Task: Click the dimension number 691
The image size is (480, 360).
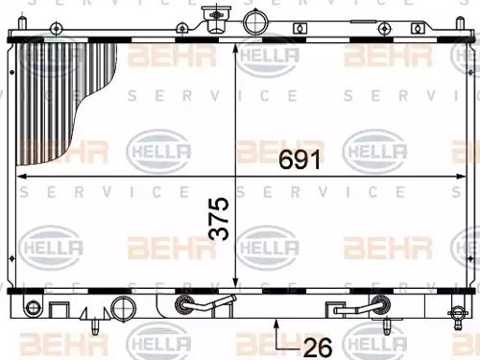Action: click(x=300, y=159)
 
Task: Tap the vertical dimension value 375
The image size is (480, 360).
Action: click(x=219, y=219)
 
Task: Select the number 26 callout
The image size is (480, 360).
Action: click(x=318, y=348)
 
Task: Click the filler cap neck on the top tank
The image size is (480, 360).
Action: click(x=216, y=20)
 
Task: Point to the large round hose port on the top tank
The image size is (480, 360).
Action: click(x=255, y=22)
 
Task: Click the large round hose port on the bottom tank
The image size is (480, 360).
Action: click(x=123, y=307)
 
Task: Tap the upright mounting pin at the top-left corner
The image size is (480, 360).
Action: click(x=22, y=23)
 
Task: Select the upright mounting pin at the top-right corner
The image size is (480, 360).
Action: click(x=460, y=23)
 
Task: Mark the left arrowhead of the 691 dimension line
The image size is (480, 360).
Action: click(x=21, y=176)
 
